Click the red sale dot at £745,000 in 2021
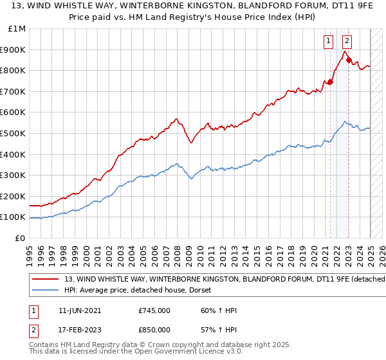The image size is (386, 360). [330, 82]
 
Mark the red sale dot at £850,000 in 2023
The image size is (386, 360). [349, 60]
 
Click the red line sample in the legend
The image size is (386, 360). [45, 280]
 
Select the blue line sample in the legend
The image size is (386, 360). [45, 290]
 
